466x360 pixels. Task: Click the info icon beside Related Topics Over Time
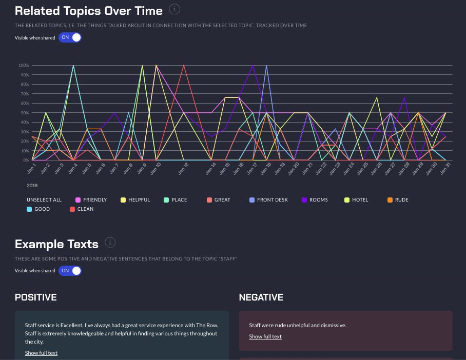coord(175,9)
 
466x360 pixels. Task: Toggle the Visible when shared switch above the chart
coord(70,37)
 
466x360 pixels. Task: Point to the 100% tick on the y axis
coord(24,65)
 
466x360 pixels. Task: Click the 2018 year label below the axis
coord(32,185)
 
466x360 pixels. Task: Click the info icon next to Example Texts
coord(109,242)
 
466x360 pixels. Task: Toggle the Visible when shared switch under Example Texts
coord(70,270)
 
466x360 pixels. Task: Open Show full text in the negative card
coord(265,336)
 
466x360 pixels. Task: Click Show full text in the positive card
coord(41,353)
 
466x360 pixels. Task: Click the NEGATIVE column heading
coord(261,297)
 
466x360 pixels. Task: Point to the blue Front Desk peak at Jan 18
coord(266,66)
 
